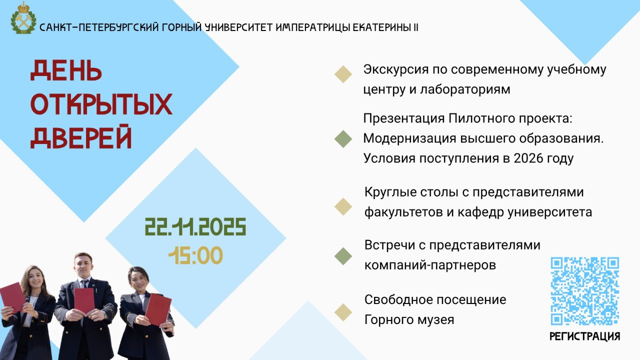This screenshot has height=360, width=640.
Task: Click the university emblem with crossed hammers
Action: (x=23, y=18)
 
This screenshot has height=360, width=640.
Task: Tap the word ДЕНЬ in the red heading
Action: (x=66, y=70)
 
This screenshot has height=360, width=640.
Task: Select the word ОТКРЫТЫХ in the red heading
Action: (x=101, y=104)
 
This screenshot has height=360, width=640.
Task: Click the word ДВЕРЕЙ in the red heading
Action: (x=81, y=136)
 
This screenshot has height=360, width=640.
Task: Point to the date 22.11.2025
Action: (x=195, y=227)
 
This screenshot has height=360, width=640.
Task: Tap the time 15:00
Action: (x=195, y=255)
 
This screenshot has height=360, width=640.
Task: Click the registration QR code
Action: (x=585, y=291)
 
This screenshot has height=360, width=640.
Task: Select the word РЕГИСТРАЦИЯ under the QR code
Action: (x=585, y=336)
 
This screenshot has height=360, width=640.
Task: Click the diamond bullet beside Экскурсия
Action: (x=343, y=74)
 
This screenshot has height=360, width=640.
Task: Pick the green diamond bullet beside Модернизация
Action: (x=343, y=139)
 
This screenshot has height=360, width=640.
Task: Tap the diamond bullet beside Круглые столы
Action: (x=343, y=206)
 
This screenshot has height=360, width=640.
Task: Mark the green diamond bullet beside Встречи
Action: (x=343, y=256)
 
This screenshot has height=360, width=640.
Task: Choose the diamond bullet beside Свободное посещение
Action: (x=343, y=312)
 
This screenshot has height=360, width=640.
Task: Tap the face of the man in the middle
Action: (x=83, y=264)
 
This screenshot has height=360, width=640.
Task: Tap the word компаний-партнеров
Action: (x=430, y=265)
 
